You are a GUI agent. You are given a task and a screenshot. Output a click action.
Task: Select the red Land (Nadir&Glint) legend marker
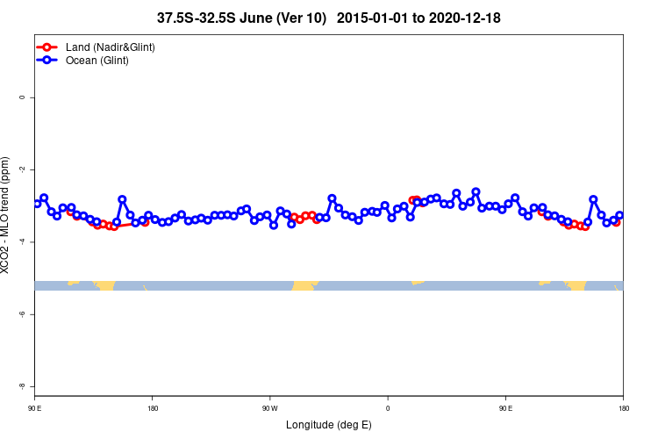click(48, 47)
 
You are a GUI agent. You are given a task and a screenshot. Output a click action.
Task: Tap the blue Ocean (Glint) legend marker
click(48, 61)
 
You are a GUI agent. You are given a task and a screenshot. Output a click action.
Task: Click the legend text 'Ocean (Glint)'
click(97, 61)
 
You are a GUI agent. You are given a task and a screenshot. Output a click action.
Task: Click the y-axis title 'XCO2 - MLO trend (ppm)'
click(8, 216)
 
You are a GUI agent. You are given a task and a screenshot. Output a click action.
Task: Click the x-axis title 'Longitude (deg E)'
click(329, 425)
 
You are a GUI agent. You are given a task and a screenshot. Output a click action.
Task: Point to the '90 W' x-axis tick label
click(269, 408)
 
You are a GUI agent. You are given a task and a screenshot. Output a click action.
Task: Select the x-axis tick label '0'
click(388, 408)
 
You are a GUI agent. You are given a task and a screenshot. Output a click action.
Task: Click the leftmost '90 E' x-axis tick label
click(35, 408)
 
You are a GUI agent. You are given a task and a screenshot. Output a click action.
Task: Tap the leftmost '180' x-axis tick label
click(153, 408)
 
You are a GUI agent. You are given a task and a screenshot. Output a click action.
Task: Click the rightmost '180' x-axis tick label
click(623, 408)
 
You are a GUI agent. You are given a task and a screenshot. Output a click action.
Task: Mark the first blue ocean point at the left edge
click(37, 204)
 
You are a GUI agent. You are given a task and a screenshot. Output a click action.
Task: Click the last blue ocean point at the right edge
click(619, 215)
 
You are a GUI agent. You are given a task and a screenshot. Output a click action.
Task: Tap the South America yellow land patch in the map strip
click(304, 285)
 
